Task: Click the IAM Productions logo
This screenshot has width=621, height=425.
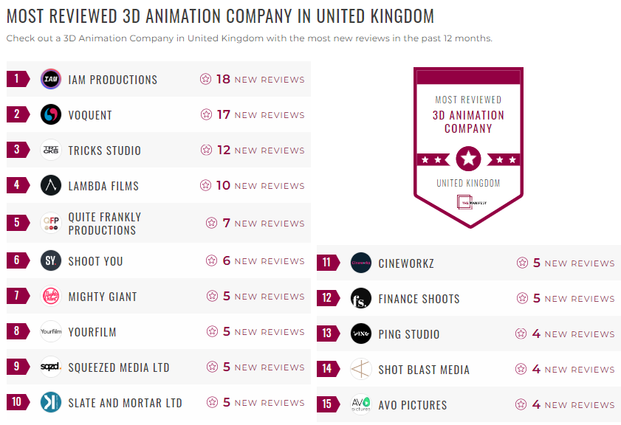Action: tap(51, 79)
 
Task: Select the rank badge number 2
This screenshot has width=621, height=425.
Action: tap(17, 114)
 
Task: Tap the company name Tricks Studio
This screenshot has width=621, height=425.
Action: tap(104, 151)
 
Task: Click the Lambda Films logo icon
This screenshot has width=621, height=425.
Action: tap(51, 185)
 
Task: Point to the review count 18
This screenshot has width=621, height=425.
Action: tap(223, 79)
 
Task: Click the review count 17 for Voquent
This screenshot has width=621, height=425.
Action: tap(223, 114)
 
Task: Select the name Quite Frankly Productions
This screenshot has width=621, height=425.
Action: tap(104, 224)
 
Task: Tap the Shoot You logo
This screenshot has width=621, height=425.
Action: tap(51, 260)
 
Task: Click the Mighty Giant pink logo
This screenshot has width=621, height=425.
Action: tap(51, 296)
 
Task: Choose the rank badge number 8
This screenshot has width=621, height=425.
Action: tap(17, 331)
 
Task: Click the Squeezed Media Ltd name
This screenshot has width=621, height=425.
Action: tap(119, 367)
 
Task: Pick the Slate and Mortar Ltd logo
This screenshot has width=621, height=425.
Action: tap(51, 402)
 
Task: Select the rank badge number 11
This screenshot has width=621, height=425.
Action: tap(327, 263)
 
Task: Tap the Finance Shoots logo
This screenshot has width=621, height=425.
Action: tap(361, 298)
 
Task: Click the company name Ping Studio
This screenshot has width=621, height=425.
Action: tap(408, 334)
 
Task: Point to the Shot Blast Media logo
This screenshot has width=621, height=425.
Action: tap(361, 369)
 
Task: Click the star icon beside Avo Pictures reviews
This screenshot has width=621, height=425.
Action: tap(522, 404)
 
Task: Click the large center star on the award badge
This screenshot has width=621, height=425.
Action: tap(469, 158)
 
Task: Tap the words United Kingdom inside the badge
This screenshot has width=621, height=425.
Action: tap(468, 183)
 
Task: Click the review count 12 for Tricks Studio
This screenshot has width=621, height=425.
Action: tap(223, 150)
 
